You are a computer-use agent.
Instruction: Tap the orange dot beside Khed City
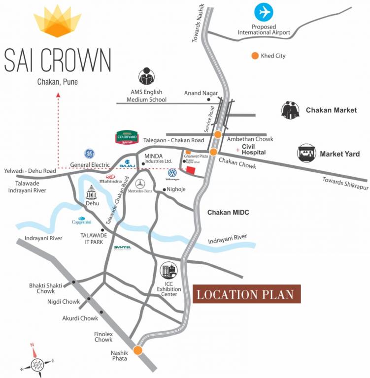pyautogui.click(x=255, y=56)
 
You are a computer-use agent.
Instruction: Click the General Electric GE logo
pyautogui.click(x=89, y=154)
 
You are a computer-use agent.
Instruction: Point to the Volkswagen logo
pyautogui.click(x=172, y=173)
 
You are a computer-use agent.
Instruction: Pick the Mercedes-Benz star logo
pyautogui.click(x=140, y=183)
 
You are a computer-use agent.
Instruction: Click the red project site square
pyautogui.click(x=190, y=170)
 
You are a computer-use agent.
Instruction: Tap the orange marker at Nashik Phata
pyautogui.click(x=138, y=350)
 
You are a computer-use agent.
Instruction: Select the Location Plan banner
pyautogui.click(x=246, y=294)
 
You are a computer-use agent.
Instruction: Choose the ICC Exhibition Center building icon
pyautogui.click(x=168, y=270)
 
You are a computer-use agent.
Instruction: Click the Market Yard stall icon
pyautogui.click(x=306, y=154)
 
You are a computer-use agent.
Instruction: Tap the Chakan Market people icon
pyautogui.click(x=291, y=110)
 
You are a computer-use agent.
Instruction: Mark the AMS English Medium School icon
pyautogui.click(x=146, y=76)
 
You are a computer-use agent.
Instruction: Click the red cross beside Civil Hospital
pyautogui.click(x=237, y=149)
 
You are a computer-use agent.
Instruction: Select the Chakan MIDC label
pyautogui.click(x=228, y=212)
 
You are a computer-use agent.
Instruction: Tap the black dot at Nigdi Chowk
pyautogui.click(x=89, y=299)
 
